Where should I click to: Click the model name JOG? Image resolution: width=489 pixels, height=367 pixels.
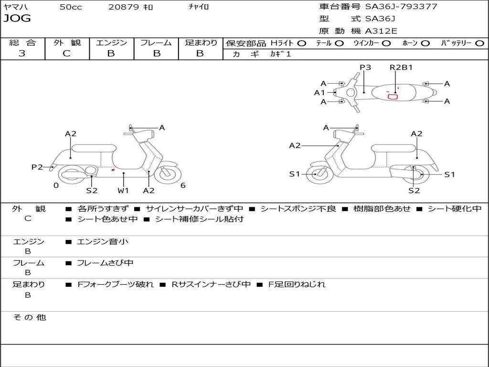point(17,19)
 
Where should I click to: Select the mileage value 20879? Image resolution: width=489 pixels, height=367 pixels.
point(124,7)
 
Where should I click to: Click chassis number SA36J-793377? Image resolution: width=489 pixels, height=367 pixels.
point(401,7)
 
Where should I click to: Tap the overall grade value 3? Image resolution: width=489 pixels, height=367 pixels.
point(22,54)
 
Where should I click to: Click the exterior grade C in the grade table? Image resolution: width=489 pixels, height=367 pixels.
point(66,54)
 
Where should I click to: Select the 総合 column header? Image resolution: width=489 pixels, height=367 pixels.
point(22,43)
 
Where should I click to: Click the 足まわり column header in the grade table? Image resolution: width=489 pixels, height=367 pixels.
point(201,43)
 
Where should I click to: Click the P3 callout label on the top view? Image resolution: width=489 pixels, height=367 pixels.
point(365,67)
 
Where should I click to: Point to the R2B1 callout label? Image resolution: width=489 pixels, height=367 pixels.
point(401,67)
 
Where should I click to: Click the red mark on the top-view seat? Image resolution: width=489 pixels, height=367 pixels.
point(393,97)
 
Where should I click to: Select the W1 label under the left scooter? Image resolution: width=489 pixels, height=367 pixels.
point(124,191)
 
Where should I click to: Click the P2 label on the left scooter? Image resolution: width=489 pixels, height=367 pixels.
point(37,167)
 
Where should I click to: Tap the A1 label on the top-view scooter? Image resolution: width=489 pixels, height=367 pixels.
point(319,93)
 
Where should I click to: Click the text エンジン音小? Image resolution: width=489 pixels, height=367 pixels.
point(103,242)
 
